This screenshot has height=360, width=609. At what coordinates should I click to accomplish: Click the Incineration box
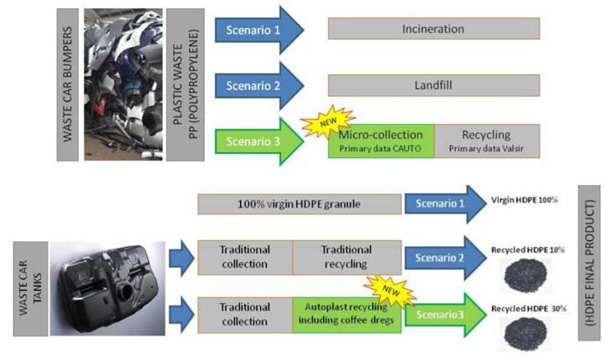(433, 28)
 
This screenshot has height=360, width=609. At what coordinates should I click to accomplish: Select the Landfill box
(433, 85)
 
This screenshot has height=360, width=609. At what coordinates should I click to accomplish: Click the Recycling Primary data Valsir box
(487, 140)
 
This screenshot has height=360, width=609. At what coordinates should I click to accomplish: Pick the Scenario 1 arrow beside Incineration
(258, 29)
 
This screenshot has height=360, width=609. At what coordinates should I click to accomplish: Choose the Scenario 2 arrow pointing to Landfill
(258, 85)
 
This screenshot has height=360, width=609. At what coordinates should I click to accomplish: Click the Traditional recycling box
(345, 256)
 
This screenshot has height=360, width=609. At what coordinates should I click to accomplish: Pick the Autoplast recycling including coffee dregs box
(346, 314)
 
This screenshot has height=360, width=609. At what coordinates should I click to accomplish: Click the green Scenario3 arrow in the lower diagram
(443, 316)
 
